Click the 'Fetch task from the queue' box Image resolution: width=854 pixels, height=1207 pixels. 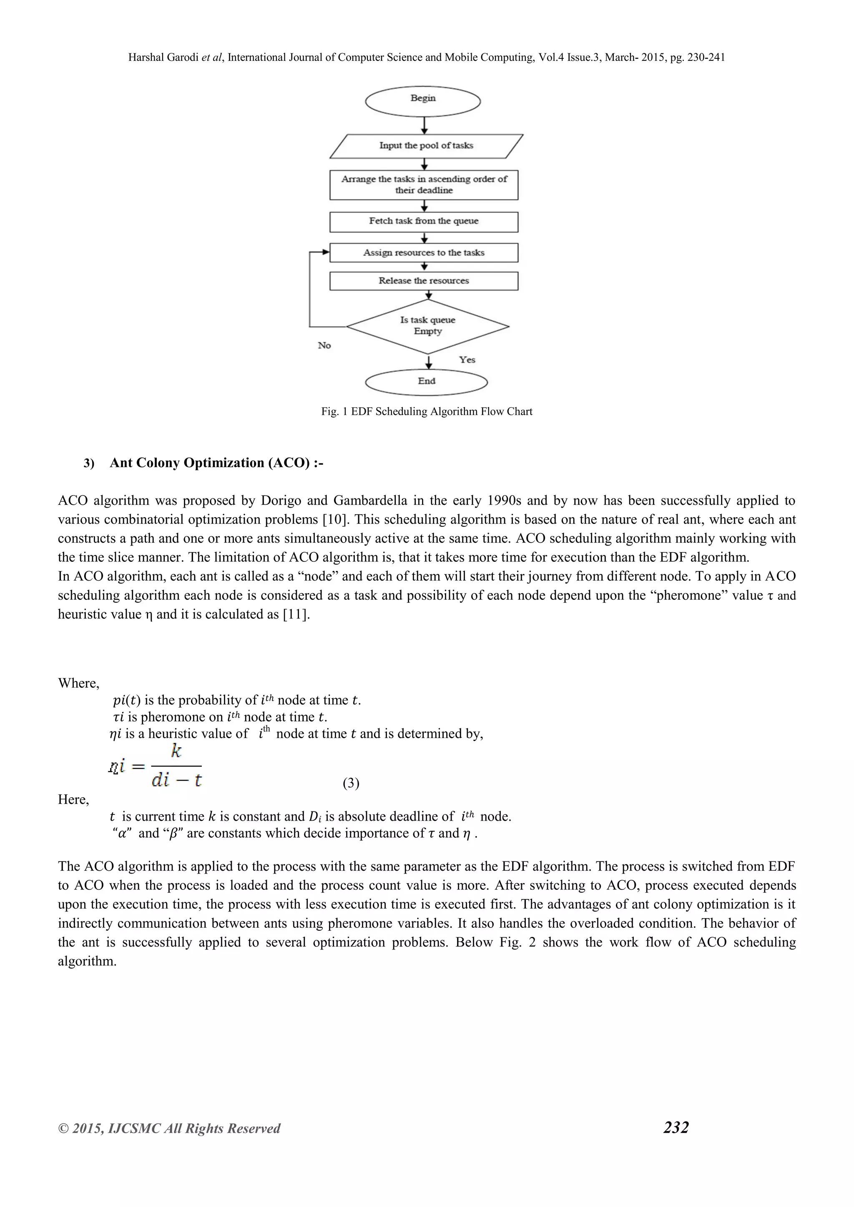(x=424, y=221)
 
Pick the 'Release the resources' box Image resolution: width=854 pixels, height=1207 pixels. (x=424, y=281)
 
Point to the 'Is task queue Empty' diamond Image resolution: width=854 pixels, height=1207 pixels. (x=427, y=326)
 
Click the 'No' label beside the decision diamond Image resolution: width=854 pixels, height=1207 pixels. (x=324, y=346)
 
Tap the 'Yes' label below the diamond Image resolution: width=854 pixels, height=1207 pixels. (x=467, y=360)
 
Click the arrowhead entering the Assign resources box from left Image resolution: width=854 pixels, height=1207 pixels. (x=326, y=252)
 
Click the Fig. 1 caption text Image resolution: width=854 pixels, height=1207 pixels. (x=427, y=412)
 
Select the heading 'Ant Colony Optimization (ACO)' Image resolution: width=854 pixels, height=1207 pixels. (x=216, y=463)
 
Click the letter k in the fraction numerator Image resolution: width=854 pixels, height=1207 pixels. (x=176, y=751)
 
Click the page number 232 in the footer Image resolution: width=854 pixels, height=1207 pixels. (x=676, y=1127)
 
